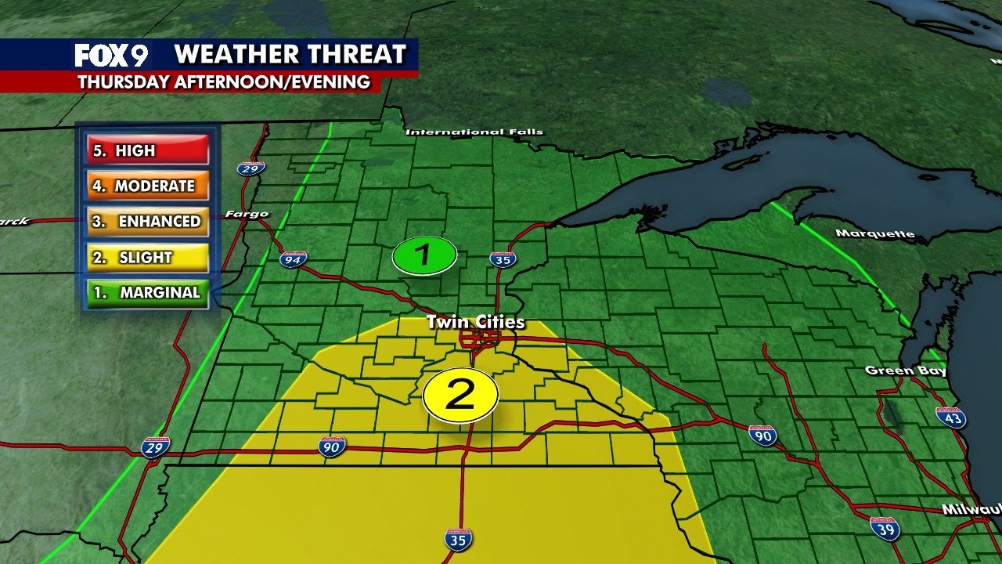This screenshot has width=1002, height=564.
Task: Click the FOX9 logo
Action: pos(111,55)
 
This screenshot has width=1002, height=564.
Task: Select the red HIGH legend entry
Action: pos(147,150)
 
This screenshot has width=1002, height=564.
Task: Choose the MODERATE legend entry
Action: pos(147,186)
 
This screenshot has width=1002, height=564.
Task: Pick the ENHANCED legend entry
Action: pos(147,222)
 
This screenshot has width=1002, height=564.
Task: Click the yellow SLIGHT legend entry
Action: pos(147,258)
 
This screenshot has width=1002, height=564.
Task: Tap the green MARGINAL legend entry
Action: pos(147,293)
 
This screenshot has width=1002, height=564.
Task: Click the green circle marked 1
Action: pos(424,255)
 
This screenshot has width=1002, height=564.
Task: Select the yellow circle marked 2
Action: pos(460,396)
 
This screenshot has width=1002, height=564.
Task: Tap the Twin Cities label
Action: pos(475,323)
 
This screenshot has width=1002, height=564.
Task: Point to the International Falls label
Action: pos(474,132)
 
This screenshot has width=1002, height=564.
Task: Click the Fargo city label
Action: pos(247,214)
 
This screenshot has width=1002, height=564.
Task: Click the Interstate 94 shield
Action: pos(294,259)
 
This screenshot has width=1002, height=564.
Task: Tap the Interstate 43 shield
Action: pos(950,417)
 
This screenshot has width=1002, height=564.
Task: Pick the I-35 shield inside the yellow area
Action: pos(459,539)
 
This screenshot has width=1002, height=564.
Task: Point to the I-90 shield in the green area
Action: pos(762,436)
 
